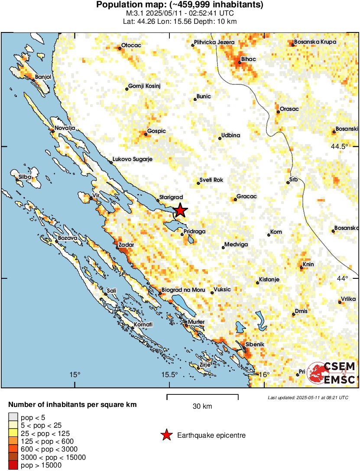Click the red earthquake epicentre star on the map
click(x=180, y=211)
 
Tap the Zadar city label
click(x=126, y=245)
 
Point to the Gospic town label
click(x=156, y=131)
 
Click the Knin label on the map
click(x=308, y=265)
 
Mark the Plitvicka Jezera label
click(x=214, y=42)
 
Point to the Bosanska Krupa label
click(x=315, y=42)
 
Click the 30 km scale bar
click(x=202, y=396)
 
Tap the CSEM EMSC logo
click(x=331, y=373)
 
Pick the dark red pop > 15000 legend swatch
click(x=13, y=465)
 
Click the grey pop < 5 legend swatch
click(x=13, y=417)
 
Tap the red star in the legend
click(x=166, y=436)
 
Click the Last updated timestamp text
click(x=308, y=397)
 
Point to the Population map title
click(x=179, y=5)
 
